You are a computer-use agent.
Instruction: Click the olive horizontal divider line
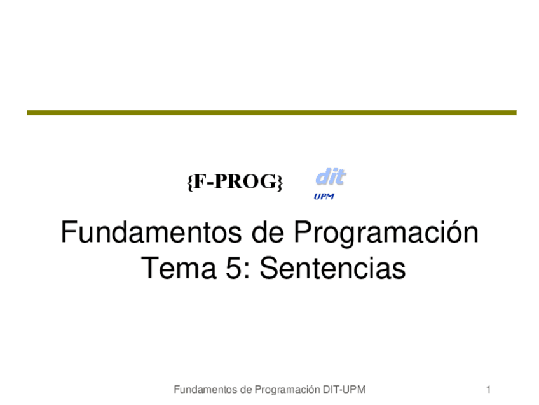click(271, 113)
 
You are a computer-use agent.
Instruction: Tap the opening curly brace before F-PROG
click(190, 182)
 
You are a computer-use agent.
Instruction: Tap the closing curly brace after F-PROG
click(280, 182)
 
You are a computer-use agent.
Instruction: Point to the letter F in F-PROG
click(200, 181)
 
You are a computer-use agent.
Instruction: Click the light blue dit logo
click(331, 177)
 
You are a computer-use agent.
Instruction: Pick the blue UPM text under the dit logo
click(324, 197)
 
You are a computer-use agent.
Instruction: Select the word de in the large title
click(268, 232)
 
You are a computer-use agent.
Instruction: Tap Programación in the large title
click(386, 233)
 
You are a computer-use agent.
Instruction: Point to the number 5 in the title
click(234, 268)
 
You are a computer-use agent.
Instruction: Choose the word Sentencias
click(332, 268)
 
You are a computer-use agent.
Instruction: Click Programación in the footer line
click(287, 390)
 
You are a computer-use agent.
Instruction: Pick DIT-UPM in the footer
click(344, 390)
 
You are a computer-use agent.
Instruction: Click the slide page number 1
click(488, 390)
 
